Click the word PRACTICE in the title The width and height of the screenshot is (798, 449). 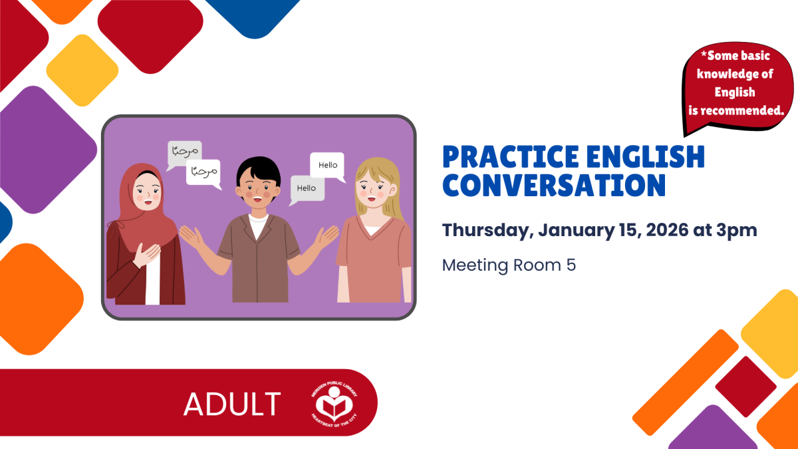[x=511, y=156]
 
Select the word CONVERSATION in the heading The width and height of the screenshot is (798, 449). [x=554, y=185]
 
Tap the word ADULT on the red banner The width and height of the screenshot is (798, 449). [x=232, y=404]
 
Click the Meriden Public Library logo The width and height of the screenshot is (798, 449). [x=334, y=404]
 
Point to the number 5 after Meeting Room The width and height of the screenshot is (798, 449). [x=571, y=265]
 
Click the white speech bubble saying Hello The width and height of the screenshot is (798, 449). [x=327, y=166]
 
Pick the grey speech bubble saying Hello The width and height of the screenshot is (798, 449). [x=307, y=189]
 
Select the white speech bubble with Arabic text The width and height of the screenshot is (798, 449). [x=203, y=172]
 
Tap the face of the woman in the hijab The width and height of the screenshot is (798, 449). [x=147, y=193]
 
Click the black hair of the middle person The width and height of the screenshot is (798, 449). [x=259, y=169]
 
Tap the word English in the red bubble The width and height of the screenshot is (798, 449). [x=735, y=92]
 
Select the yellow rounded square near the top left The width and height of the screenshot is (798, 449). [x=82, y=71]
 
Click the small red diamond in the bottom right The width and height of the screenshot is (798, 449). [x=745, y=386]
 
